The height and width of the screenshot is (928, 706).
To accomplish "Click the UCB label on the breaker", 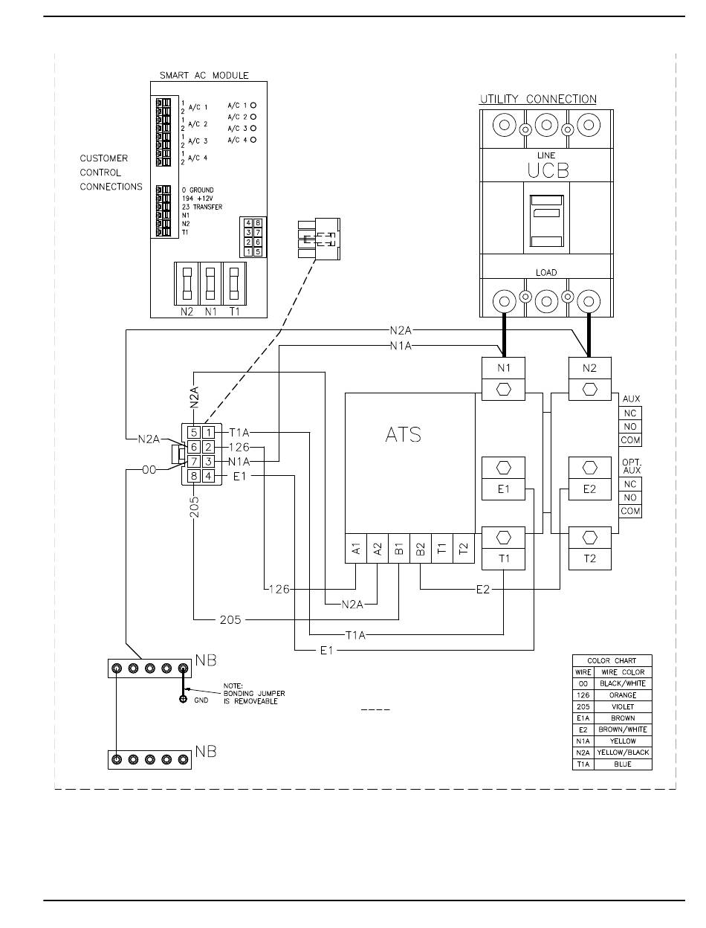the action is click(x=548, y=170).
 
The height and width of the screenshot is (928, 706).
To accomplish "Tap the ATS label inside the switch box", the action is click(x=403, y=434).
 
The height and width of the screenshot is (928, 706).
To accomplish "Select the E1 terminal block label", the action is click(x=503, y=489).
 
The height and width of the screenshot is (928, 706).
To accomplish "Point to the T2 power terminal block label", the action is click(x=589, y=558).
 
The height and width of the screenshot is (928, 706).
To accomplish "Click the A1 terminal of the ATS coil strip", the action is click(x=356, y=548).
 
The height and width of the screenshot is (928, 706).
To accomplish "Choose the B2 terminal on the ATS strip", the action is click(x=421, y=548).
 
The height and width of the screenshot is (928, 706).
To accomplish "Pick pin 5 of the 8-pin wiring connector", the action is click(x=194, y=432).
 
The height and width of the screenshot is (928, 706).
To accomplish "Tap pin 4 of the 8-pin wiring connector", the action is click(x=208, y=476).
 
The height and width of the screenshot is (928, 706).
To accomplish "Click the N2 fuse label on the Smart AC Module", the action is click(x=187, y=312).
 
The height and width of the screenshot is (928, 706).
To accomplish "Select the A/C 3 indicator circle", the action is click(x=253, y=128).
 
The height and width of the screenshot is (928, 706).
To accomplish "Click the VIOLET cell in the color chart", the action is click(x=622, y=706).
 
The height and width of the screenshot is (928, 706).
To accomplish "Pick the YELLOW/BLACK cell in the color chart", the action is click(x=622, y=752).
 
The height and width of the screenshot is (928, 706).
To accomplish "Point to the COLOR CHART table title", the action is click(x=612, y=660).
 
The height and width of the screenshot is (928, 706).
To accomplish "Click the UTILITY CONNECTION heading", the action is click(x=538, y=100).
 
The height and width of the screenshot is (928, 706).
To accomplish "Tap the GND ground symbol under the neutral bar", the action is click(x=183, y=699).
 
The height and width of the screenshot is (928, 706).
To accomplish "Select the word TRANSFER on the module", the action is click(x=207, y=207).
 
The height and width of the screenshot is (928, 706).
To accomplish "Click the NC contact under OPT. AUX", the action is click(x=630, y=484).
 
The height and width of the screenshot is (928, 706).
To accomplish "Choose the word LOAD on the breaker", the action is click(x=546, y=273).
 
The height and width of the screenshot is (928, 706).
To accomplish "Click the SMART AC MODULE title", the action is click(x=204, y=75).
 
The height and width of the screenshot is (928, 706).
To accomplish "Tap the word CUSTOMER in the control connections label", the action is click(x=103, y=158).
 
